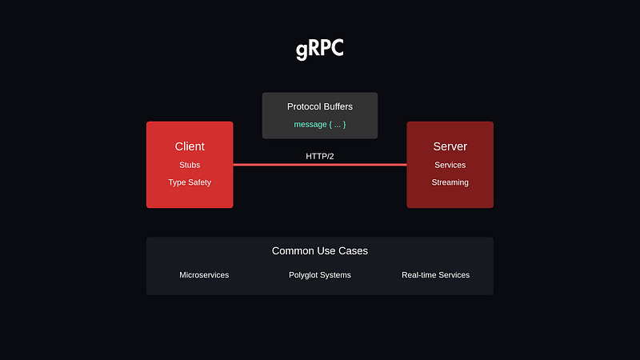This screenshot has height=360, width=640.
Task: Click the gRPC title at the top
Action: pyautogui.click(x=320, y=50)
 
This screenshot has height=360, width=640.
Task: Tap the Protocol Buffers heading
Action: pyautogui.click(x=320, y=106)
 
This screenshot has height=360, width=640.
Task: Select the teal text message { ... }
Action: pyautogui.click(x=320, y=125)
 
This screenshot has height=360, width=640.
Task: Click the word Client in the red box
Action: pyautogui.click(x=190, y=146)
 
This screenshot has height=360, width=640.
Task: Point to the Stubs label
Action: pyautogui.click(x=190, y=165)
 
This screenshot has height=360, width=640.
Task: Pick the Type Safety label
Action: pyautogui.click(x=190, y=182)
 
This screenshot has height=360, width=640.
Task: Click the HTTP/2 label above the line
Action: pyautogui.click(x=320, y=156)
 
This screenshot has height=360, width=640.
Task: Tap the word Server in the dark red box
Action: pyautogui.click(x=450, y=146)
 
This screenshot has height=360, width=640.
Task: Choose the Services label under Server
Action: pyautogui.click(x=450, y=165)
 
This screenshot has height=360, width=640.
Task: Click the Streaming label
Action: pyautogui.click(x=450, y=182)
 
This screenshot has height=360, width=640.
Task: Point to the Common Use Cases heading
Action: pyautogui.click(x=320, y=251)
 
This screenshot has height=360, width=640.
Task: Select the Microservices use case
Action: pyautogui.click(x=204, y=275)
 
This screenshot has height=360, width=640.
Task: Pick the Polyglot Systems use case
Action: pyautogui.click(x=320, y=275)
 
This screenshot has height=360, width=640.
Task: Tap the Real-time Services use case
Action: pyautogui.click(x=435, y=275)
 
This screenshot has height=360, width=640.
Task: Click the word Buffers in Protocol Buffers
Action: pyautogui.click(x=336, y=106)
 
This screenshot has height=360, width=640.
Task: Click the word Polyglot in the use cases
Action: pyautogui.click(x=305, y=275)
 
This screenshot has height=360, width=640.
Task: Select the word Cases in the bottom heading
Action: pyautogui.click(x=352, y=251)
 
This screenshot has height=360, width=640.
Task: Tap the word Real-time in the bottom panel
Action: pyautogui.click(x=419, y=275)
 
